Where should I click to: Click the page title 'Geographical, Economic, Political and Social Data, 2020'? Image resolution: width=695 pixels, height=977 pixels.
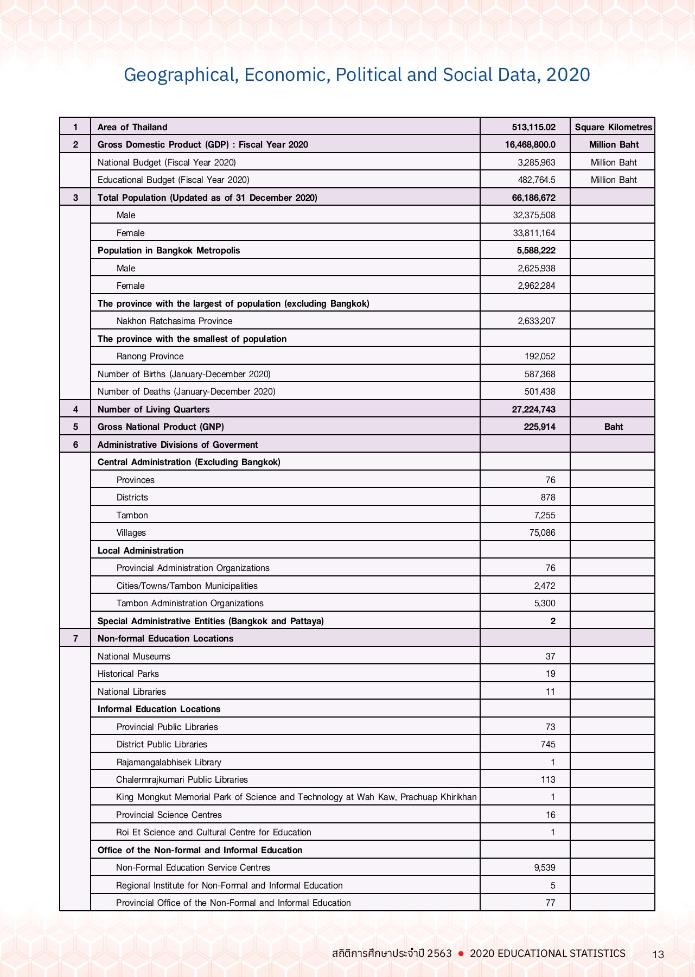pyautogui.click(x=356, y=74)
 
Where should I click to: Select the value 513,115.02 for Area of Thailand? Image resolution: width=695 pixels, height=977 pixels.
pyautogui.click(x=533, y=127)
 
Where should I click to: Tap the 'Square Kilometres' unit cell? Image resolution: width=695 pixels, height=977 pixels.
pyautogui.click(x=613, y=127)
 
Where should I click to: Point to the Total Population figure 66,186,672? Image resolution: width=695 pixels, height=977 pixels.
pyautogui.click(x=533, y=198)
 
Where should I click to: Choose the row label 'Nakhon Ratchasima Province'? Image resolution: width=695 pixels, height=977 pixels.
pyautogui.click(x=174, y=321)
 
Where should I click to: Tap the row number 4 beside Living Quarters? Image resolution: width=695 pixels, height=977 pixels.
pyautogui.click(x=75, y=409)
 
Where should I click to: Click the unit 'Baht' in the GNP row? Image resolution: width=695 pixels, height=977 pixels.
pyautogui.click(x=613, y=427)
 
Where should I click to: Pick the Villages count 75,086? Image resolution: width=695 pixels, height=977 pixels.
pyautogui.click(x=542, y=532)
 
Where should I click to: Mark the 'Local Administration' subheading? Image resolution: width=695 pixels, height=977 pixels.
pyautogui.click(x=141, y=550)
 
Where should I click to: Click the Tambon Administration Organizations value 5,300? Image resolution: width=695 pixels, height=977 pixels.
pyautogui.click(x=544, y=603)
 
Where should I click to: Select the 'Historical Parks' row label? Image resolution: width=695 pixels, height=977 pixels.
pyautogui.click(x=128, y=674)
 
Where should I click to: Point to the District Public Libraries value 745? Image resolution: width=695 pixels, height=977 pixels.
pyautogui.click(x=548, y=744)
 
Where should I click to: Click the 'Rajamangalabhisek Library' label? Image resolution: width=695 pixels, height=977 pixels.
pyautogui.click(x=169, y=762)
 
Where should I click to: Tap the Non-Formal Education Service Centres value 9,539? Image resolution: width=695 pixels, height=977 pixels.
pyautogui.click(x=544, y=867)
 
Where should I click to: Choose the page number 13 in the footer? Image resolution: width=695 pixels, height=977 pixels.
pyautogui.click(x=658, y=954)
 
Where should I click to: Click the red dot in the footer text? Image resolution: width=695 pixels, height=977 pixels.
pyautogui.click(x=461, y=954)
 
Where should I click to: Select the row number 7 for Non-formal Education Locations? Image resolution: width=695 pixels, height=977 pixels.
pyautogui.click(x=75, y=638)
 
